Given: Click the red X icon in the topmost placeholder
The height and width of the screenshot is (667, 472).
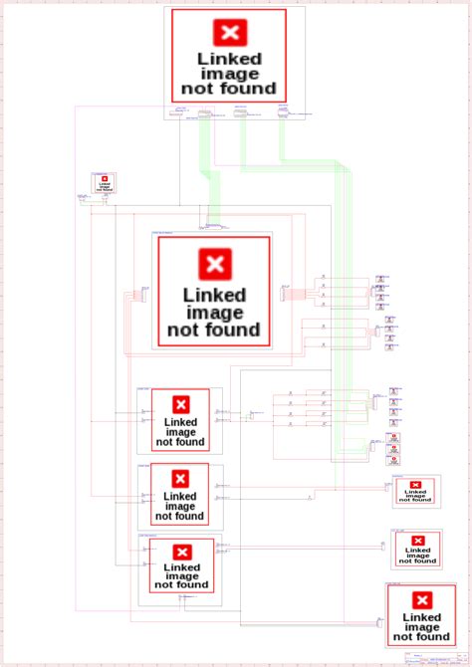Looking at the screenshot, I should (230, 34).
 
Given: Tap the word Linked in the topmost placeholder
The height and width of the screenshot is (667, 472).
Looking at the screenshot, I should (229, 59).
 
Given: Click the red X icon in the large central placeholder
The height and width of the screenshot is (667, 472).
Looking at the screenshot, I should (214, 264).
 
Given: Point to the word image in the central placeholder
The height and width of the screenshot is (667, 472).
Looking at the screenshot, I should (214, 313).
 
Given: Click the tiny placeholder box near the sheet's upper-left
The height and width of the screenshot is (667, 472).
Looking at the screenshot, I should (105, 183).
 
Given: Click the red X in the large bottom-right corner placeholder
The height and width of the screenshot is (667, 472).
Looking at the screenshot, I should (422, 600).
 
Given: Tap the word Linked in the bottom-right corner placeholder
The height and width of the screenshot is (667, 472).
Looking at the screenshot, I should (422, 617).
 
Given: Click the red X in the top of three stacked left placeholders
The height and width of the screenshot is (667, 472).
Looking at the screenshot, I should (180, 404).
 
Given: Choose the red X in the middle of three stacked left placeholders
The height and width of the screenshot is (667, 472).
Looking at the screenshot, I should (180, 479).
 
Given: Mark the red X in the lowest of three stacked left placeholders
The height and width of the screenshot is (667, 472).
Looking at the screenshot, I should (180, 554).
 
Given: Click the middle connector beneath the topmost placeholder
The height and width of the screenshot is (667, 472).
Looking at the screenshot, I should (241, 112).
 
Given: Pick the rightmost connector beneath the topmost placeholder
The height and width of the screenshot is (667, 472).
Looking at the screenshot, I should (283, 112).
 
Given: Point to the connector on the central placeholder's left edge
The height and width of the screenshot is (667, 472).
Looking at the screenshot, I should (143, 293).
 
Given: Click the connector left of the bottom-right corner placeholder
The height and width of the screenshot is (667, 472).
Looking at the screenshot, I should (380, 621).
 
